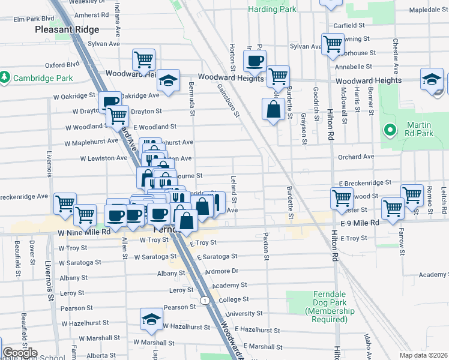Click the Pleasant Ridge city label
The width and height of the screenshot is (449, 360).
tap(62, 29)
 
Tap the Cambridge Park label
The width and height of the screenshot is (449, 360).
tap(43, 78)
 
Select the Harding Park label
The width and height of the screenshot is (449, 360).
tap(271, 10)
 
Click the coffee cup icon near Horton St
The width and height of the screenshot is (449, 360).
tap(255, 61)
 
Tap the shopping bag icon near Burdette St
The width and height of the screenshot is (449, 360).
tap(273, 109)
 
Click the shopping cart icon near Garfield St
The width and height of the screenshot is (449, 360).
tap(332, 43)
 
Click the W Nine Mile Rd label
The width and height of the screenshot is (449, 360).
tap(83, 232)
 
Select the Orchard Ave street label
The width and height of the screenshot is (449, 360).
tap(355, 157)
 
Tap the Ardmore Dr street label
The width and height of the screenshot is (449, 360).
tap(221, 271)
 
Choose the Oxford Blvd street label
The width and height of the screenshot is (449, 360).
tap(62, 65)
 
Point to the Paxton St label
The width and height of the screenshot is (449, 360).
tap(265, 247)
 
